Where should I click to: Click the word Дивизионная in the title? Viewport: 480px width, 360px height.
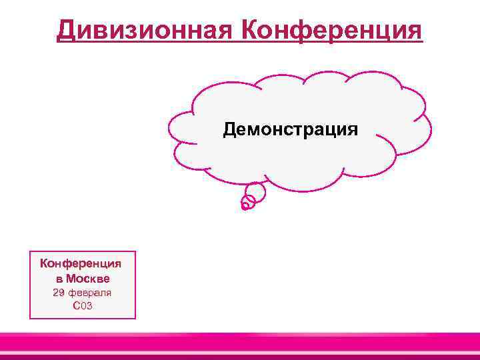(143, 30)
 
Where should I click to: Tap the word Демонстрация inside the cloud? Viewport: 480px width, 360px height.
(290, 129)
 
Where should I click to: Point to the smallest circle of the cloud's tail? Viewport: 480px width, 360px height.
(245, 206)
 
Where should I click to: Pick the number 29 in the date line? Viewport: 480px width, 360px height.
(59, 293)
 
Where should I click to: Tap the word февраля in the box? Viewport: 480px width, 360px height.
(90, 293)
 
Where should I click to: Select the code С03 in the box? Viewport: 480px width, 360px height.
(82, 306)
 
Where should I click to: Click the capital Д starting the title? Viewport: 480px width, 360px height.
(66, 30)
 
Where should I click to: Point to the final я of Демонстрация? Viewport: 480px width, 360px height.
(353, 129)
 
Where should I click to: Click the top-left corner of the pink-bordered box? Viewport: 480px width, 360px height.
(31, 251)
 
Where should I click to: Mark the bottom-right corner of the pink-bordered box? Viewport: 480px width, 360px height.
(135, 318)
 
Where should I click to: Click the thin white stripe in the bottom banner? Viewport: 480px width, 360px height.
(240, 352)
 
